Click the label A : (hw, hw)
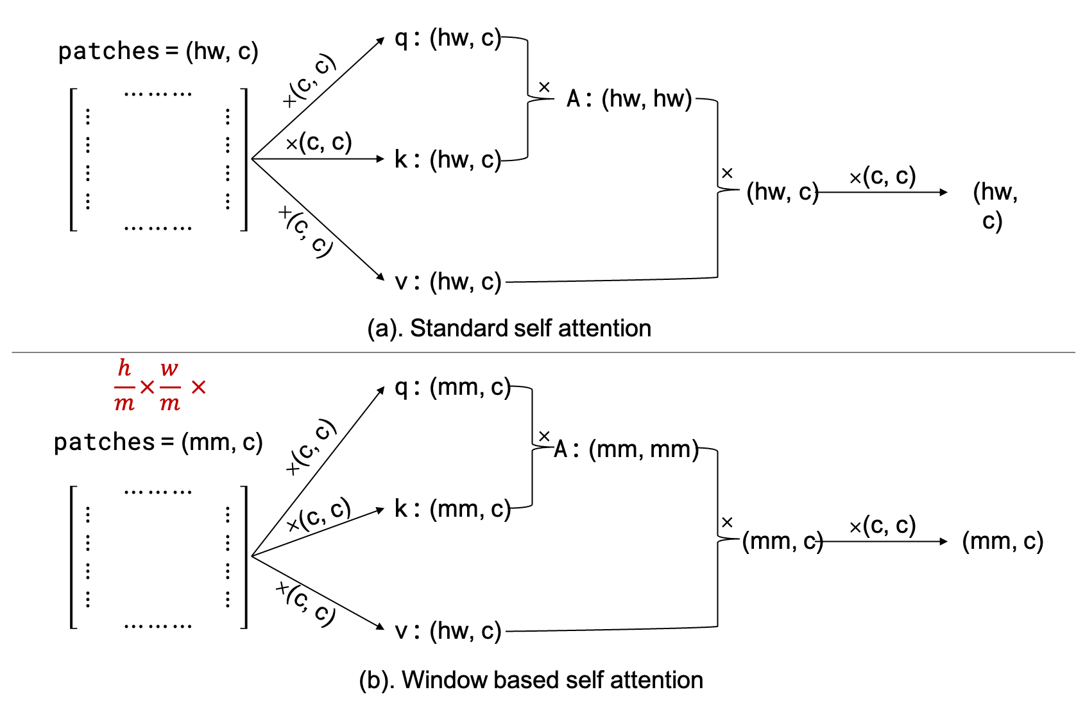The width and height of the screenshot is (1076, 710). pos(629,99)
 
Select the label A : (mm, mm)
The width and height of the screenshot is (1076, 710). pos(626,449)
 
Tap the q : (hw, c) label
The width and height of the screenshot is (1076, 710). pos(447,39)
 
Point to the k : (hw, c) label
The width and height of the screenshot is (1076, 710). pos(447,160)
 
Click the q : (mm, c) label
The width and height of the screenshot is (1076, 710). pos(452,388)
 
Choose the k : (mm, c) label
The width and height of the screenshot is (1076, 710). pos(452,509)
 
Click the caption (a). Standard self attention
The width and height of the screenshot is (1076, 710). pos(509,328)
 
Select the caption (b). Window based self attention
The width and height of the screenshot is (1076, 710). pos(531,680)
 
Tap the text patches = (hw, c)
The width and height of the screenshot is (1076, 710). pos(158,51)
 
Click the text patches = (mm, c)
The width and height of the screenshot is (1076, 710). pos(158,442)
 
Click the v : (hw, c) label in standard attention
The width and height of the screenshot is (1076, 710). pos(447,282)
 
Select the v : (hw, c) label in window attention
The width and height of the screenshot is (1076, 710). pos(447,631)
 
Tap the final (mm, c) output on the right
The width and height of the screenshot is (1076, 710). pos(1002,541)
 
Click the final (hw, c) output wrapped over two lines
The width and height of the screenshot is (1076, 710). pos(995,206)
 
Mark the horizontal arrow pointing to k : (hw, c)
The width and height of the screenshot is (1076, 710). pos(318,159)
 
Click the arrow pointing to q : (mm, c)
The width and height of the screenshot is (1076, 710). pos(318,472)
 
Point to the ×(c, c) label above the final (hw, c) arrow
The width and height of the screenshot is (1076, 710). pos(882,176)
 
